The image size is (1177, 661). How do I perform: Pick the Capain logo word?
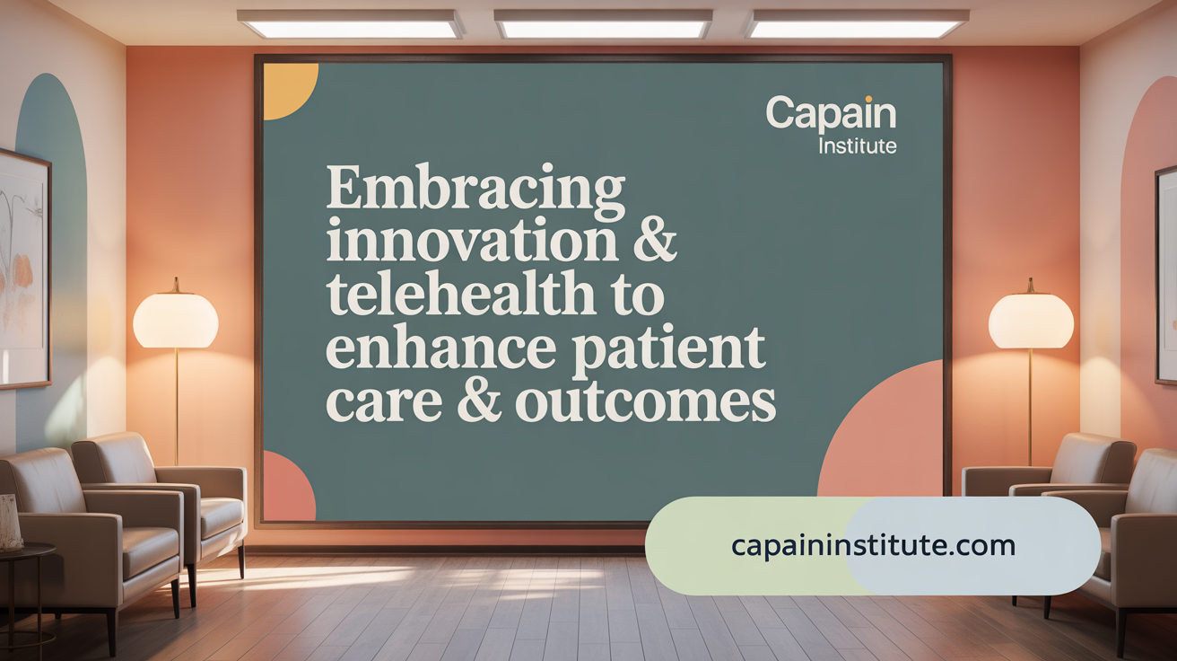(x=831, y=115)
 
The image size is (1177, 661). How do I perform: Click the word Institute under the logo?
(x=857, y=145)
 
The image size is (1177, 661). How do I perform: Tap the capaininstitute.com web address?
(x=873, y=545)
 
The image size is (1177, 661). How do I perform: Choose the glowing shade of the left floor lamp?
(x=176, y=321)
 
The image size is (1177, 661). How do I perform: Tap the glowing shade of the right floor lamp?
(x=1031, y=321)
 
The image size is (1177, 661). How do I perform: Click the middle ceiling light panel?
(x=603, y=24)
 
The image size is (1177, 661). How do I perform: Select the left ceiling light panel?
(x=350, y=24)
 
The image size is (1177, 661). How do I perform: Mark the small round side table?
(x=24, y=552)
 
